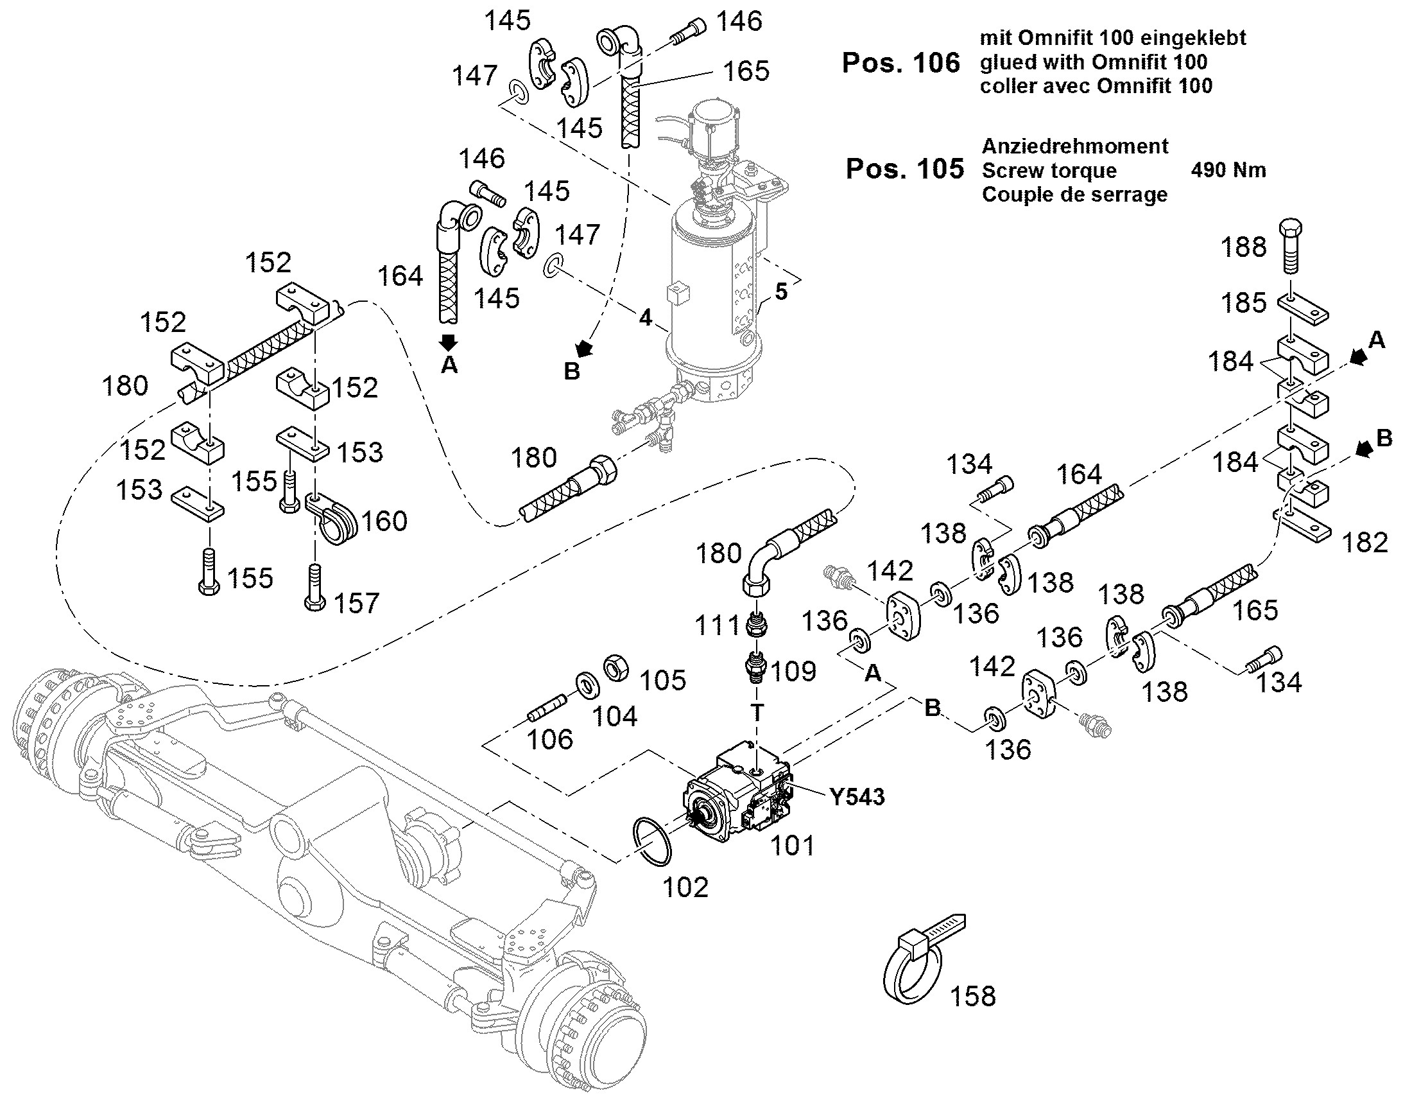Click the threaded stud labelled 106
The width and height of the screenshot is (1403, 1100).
[x=547, y=708]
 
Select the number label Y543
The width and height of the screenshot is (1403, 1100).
[x=857, y=797]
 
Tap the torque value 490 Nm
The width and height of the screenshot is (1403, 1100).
[x=1228, y=170]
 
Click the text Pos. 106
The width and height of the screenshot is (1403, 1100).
[x=900, y=63]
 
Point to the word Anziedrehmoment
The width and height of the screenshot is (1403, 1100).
[x=1074, y=146]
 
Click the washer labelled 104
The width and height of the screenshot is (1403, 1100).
[x=587, y=685]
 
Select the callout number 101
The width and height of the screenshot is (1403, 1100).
[x=792, y=846]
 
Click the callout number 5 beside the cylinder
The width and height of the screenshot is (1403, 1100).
[x=780, y=292]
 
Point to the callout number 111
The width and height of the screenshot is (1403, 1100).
[x=718, y=625]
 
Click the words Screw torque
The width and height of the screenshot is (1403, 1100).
[x=1049, y=171]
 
